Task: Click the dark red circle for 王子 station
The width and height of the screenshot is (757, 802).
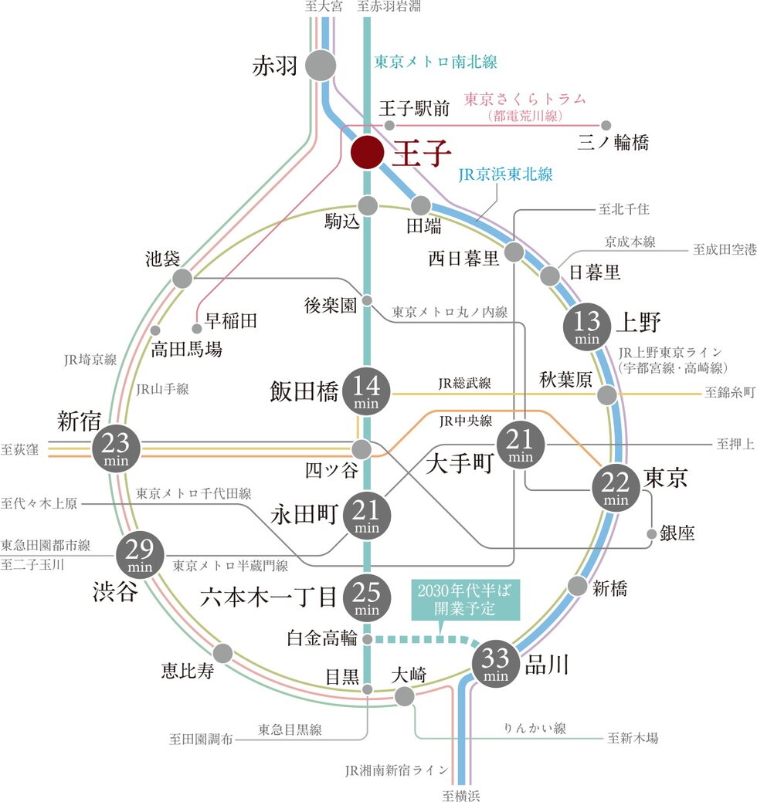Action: point(367,153)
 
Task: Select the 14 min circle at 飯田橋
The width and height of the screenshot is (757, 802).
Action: point(367,392)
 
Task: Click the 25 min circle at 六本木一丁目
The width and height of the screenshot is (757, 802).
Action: point(367,597)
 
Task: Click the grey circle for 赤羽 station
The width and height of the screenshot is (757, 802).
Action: point(321,66)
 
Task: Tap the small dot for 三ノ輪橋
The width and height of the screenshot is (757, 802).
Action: point(606,125)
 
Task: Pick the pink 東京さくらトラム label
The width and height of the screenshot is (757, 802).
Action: point(524,100)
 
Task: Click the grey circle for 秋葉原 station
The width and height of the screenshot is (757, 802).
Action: point(607,395)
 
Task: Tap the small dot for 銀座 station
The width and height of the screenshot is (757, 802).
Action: point(653,533)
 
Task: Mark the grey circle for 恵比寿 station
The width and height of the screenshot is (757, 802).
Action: point(222,654)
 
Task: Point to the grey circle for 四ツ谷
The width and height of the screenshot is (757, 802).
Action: point(362,448)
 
